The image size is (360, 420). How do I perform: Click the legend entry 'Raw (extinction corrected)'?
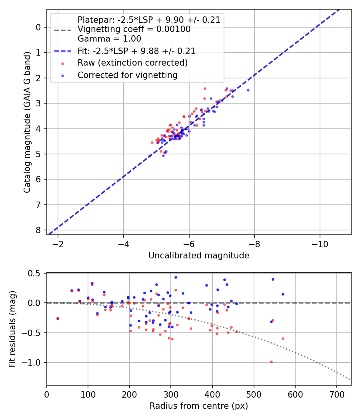132,63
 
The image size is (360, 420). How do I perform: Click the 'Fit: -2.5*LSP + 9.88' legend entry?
136,51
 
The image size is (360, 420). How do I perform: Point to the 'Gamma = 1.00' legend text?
109,39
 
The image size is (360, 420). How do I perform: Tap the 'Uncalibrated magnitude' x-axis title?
199,256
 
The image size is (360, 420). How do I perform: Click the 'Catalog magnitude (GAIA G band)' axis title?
27,122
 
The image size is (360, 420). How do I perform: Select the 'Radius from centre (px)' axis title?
199,406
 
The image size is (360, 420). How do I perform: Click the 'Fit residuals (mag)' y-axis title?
12,329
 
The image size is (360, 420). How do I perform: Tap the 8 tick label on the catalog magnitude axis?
38,230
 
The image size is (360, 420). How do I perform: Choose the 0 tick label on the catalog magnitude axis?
38,27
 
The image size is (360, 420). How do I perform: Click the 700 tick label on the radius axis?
336,394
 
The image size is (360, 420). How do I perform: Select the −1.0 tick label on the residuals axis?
33,362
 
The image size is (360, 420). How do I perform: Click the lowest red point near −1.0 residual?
271,362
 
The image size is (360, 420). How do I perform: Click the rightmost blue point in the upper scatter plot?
248,90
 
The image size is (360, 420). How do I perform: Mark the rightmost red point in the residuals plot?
283,338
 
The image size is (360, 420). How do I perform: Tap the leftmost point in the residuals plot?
58,318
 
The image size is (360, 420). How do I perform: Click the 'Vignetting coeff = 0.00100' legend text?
134,29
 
